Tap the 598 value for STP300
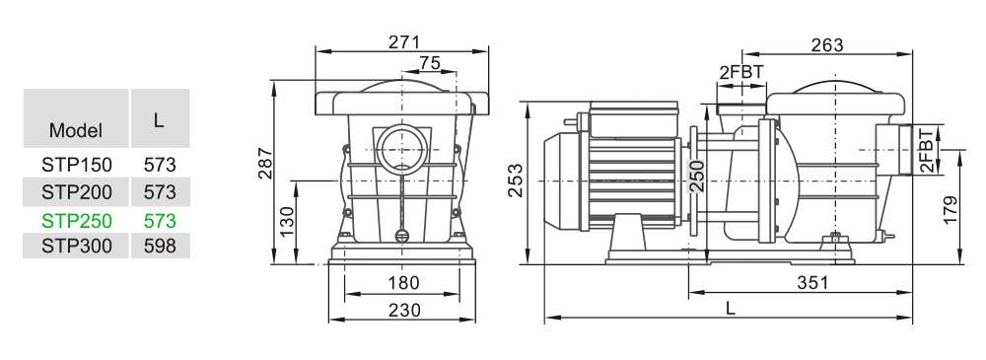(159, 246)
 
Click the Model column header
(76, 131)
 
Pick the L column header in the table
(159, 119)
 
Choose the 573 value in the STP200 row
(159, 191)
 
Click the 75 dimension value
(430, 63)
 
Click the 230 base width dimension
(403, 310)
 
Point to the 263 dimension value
(828, 43)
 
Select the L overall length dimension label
(730, 308)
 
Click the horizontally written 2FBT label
(741, 71)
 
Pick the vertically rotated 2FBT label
(926, 149)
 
